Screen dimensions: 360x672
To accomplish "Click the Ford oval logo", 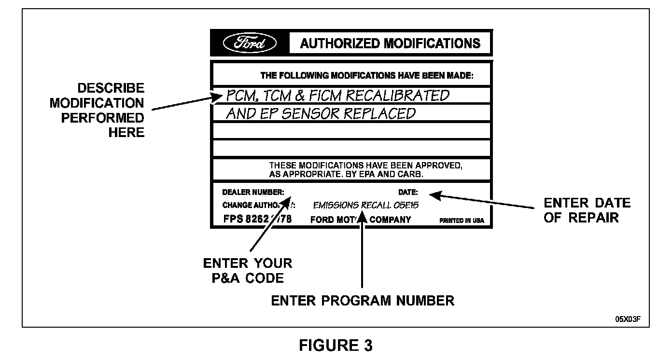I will (250, 43).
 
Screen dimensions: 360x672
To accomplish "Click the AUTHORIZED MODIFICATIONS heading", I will (390, 43).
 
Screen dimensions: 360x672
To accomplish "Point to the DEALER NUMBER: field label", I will (253, 192).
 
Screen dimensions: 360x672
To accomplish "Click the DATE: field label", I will (408, 192).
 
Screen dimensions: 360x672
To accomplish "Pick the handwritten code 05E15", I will (406, 205).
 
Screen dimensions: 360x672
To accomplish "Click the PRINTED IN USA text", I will (462, 221).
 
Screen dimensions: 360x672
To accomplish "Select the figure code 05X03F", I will (628, 319).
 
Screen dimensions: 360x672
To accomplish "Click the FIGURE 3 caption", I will (336, 346).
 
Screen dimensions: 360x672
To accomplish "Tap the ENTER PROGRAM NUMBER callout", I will (363, 301).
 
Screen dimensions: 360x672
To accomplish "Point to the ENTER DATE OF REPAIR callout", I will (587, 210).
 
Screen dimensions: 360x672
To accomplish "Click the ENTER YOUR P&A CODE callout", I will (247, 271).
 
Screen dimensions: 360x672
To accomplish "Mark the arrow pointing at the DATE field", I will (483, 201).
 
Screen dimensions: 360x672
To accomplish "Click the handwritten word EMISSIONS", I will (336, 205).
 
